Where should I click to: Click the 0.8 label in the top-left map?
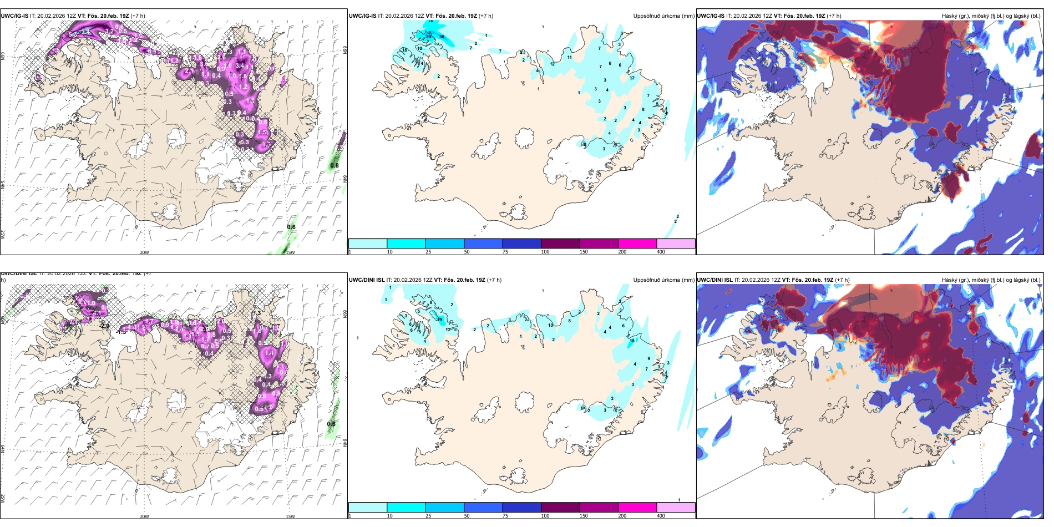(335, 165)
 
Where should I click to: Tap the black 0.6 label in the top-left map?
(291, 227)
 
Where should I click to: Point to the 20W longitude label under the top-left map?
(144, 252)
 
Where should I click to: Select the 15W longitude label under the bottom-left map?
(290, 516)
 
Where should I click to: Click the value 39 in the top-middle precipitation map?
(428, 37)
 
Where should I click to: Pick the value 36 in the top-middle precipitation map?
(442, 37)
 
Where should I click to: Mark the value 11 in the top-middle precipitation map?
(569, 57)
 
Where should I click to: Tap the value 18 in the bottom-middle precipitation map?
(632, 341)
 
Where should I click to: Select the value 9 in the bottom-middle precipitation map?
(648, 359)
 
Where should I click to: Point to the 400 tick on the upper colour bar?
(661, 252)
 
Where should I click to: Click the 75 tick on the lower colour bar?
(505, 516)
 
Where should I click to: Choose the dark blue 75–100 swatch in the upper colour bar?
(521, 244)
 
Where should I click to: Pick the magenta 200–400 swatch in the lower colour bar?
(637, 508)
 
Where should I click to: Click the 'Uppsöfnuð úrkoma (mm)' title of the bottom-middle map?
(663, 280)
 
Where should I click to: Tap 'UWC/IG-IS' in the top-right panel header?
(711, 16)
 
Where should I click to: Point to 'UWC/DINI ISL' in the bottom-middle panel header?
(367, 280)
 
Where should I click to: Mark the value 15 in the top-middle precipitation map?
(406, 50)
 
